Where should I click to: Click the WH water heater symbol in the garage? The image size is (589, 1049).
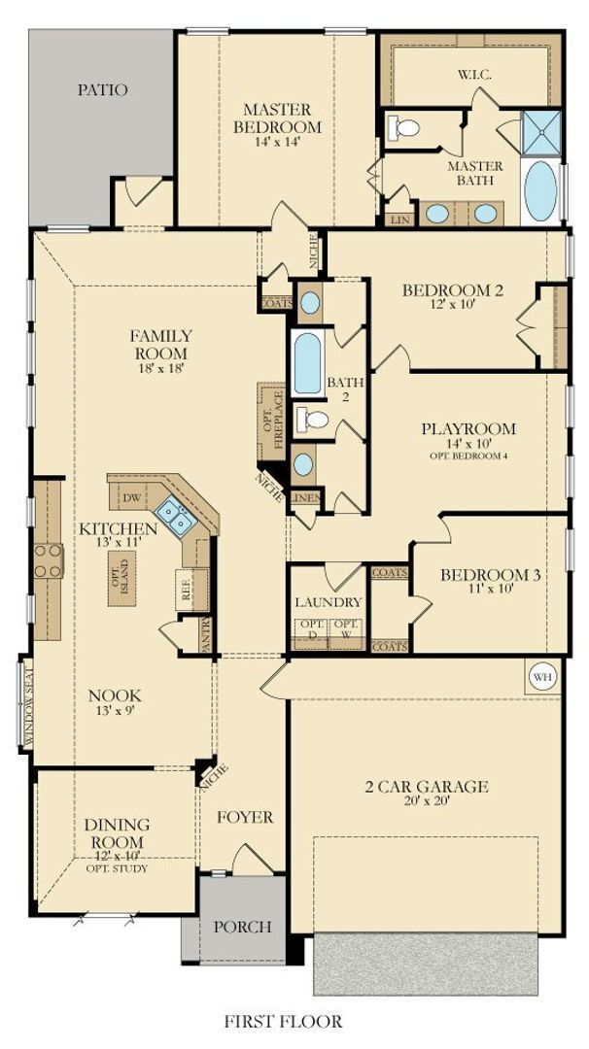tap(540, 677)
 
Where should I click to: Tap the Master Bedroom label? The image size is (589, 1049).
tap(282, 118)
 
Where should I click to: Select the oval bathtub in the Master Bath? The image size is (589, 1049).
tap(541, 191)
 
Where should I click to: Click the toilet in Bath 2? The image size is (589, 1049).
tap(314, 420)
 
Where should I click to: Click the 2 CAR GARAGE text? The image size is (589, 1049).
tap(426, 786)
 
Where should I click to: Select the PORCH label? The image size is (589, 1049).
tap(242, 926)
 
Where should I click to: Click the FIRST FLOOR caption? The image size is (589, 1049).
tap(283, 1021)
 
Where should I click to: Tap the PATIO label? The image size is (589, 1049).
tap(101, 89)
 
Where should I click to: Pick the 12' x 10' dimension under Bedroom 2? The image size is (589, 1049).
tap(452, 305)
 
